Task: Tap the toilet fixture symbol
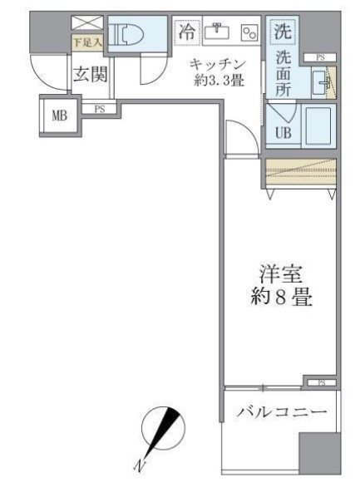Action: (132, 35)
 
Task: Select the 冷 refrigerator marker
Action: (189, 33)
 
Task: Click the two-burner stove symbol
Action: (249, 33)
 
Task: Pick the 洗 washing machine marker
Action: (283, 31)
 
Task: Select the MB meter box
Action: (59, 116)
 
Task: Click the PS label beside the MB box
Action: (98, 108)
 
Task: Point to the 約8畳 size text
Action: (279, 298)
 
